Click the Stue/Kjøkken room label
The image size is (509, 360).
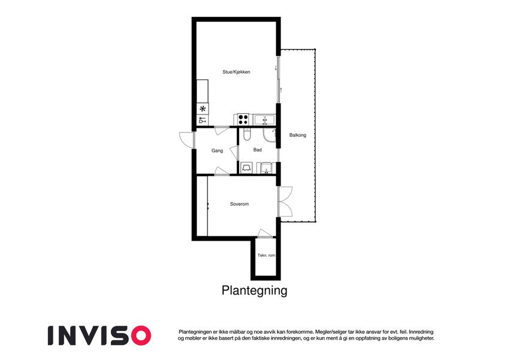coord(236,72)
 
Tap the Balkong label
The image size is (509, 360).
coord(298,135)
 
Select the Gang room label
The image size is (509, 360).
coord(217,151)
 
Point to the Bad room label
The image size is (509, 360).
coord(257,150)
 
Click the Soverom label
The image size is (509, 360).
coord(239,204)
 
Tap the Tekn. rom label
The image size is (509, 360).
coord(266,256)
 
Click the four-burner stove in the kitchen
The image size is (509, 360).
coord(243,119)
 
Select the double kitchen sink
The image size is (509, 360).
coord(264,119)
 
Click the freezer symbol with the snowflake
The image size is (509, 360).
coord(203,109)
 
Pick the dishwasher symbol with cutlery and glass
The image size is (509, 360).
coord(203,120)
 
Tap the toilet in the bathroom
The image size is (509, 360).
coord(247,134)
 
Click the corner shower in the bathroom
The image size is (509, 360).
coord(269,135)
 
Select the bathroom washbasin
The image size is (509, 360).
coord(266,168)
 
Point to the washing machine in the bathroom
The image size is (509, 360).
coord(246,168)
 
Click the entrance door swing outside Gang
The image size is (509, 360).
coord(186,140)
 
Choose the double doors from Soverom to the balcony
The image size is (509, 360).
coord(285,202)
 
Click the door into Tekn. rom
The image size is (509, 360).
coord(265,233)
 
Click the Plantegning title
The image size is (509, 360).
coord(254,290)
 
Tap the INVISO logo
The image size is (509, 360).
coord(100,335)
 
